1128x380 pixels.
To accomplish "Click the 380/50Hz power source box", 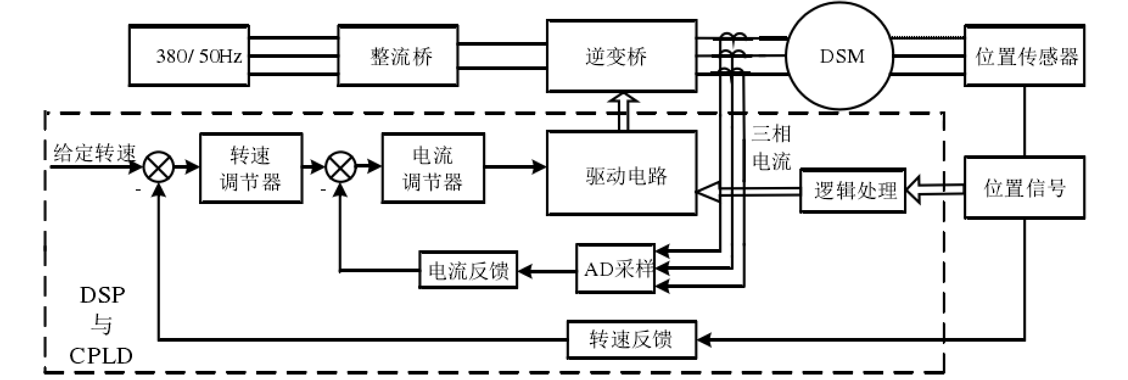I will click(x=189, y=57).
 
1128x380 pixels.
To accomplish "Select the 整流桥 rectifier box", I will click(x=398, y=57).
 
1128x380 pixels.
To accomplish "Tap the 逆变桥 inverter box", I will click(x=621, y=57).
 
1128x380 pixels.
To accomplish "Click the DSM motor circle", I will click(x=841, y=57).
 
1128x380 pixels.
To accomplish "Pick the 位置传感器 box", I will click(x=1025, y=57).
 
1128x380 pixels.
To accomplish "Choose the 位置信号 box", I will click(x=1025, y=188).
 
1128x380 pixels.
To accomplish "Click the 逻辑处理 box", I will click(x=852, y=191).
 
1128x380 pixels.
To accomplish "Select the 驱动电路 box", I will click(x=621, y=173).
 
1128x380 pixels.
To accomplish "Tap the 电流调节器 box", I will click(x=433, y=168).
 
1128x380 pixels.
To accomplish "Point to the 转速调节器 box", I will click(x=251, y=168).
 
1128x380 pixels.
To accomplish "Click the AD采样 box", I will click(x=615, y=269).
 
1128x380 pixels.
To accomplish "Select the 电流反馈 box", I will click(x=468, y=270).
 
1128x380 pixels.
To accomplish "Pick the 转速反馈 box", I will click(x=631, y=339).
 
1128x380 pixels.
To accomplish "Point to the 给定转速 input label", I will click(x=94, y=152).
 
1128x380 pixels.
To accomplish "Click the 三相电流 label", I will click(x=771, y=147).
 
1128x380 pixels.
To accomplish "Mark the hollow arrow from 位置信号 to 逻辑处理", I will click(x=934, y=191).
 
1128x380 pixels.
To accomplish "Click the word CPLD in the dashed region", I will click(x=101, y=356).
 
